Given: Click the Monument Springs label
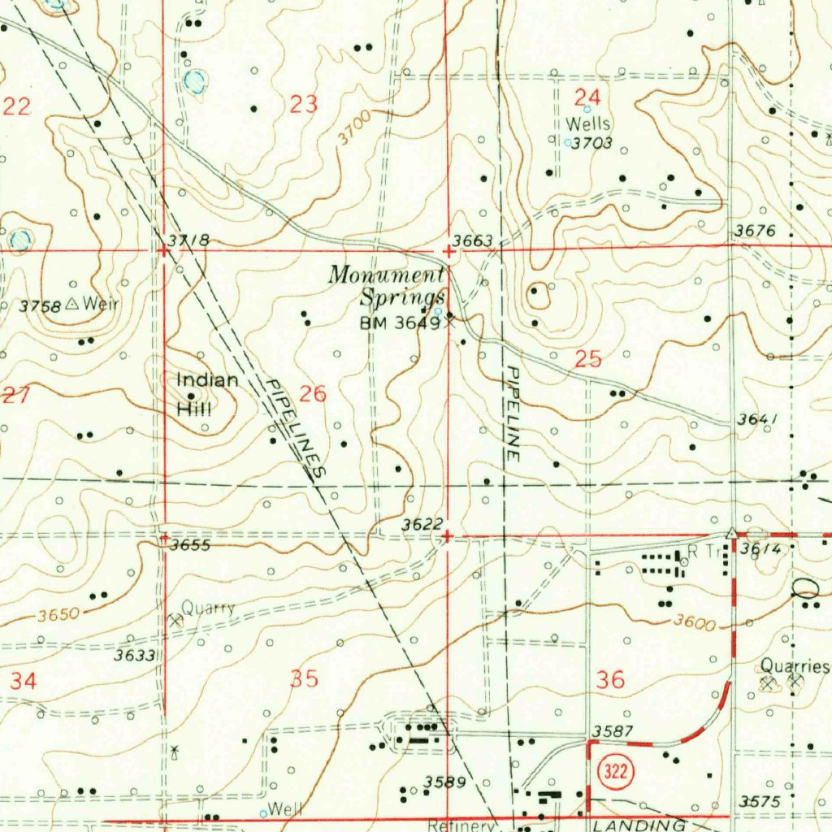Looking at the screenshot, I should point(388,285).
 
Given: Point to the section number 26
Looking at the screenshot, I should point(313,395).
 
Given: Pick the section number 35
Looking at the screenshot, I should point(304,679).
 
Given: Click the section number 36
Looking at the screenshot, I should point(610,679).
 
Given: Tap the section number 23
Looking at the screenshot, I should point(303,104).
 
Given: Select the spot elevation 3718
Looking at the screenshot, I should point(189,240).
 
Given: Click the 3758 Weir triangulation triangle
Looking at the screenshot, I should point(71,305).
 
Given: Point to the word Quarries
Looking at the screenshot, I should point(795,667).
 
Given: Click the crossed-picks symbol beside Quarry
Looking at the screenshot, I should point(173,619).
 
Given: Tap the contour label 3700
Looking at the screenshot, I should point(355,128).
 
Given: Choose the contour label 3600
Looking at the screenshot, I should point(694,624).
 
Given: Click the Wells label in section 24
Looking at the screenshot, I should point(588,124).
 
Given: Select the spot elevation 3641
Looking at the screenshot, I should point(758,419).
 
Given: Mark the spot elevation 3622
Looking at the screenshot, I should point(422,526).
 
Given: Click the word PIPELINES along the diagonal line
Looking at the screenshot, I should point(296,427).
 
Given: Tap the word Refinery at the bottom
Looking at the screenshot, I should point(461,825).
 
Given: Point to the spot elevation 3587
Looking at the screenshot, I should point(613,732).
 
